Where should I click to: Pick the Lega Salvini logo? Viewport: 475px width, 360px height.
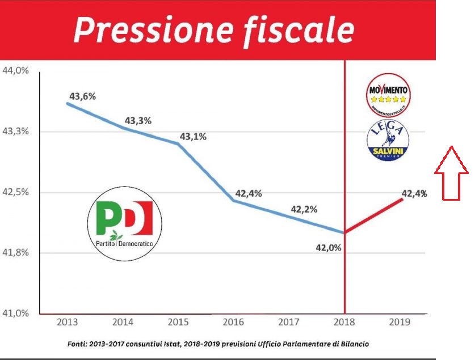point(388,139)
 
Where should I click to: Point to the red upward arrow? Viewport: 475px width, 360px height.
point(451,172)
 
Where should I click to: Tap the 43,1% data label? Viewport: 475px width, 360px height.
point(193,137)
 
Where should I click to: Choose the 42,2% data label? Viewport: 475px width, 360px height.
point(304,209)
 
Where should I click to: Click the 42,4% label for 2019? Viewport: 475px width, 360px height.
point(414,194)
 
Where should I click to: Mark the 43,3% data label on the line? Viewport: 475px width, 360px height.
point(137,121)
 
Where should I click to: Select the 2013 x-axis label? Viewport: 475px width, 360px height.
point(68,323)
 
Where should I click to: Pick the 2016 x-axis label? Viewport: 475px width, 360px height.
point(234,323)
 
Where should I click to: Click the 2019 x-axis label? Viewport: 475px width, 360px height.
point(401,323)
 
